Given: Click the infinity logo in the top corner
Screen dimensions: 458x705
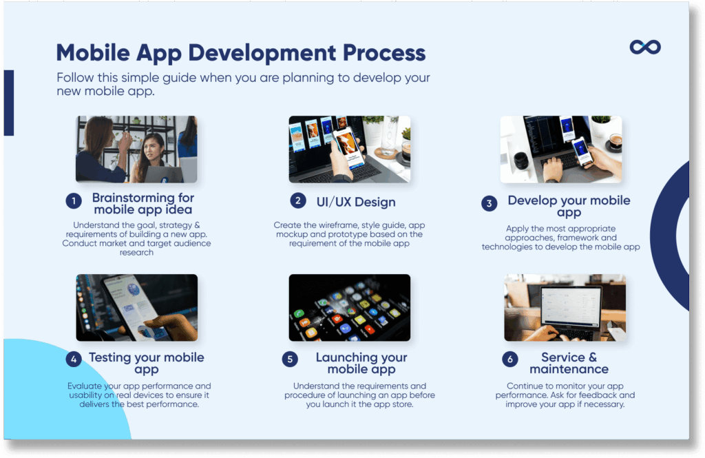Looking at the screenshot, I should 645,47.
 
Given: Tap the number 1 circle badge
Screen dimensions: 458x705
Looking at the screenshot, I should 74,201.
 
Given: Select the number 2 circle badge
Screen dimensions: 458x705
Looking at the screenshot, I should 297,200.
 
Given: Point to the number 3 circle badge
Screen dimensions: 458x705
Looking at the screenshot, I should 489,204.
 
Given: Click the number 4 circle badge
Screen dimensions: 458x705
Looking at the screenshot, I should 74,359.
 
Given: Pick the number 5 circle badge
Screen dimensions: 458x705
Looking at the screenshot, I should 291,359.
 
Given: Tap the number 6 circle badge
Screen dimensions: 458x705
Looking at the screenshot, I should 509,359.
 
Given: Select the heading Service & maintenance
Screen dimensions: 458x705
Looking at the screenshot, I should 569,363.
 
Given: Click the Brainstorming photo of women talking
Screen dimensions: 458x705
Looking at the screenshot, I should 136,149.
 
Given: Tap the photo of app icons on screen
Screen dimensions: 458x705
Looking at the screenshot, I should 349,307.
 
